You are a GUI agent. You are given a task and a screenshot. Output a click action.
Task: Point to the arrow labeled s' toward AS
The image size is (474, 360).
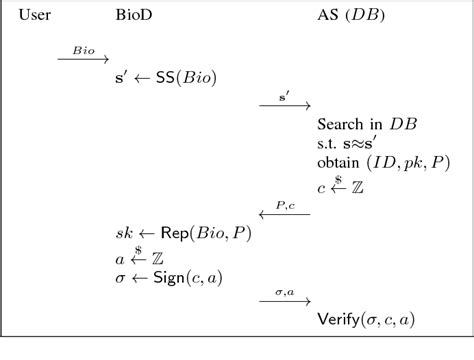(285, 106)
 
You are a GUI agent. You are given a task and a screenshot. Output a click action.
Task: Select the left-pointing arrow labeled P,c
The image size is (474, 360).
(284, 213)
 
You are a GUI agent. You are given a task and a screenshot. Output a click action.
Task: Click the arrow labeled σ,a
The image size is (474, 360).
(285, 301)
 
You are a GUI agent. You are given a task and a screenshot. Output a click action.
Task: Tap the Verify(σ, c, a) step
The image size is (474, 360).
(366, 320)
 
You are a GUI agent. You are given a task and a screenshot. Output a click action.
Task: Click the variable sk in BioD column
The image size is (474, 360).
(124, 233)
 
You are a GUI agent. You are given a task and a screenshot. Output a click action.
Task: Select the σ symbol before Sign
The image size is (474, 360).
(121, 277)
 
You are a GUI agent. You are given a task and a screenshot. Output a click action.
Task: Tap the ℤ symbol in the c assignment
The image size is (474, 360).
(357, 187)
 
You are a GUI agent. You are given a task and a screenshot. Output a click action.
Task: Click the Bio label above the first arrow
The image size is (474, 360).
(83, 49)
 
